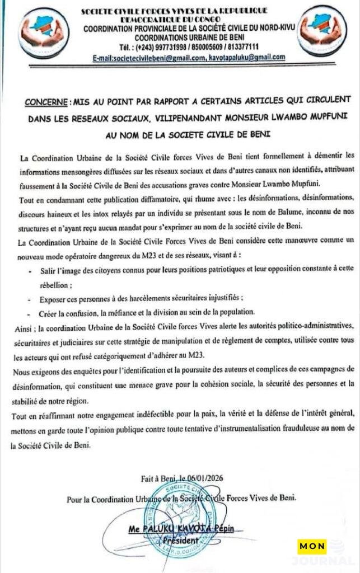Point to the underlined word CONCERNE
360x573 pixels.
46,104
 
